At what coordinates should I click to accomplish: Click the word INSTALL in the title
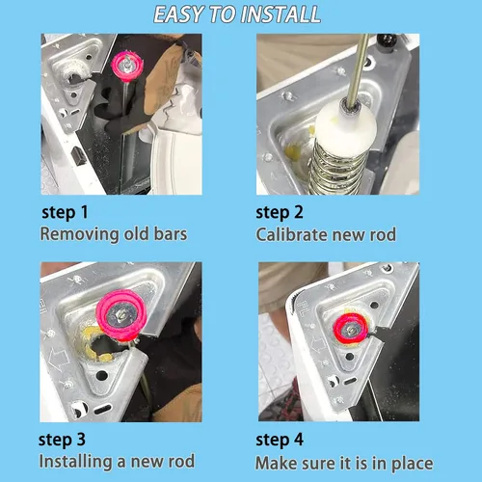pos(281,14)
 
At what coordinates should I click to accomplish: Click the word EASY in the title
pos(178,14)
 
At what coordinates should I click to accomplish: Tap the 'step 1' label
pos(65,212)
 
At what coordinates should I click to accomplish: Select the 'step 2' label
pos(280,212)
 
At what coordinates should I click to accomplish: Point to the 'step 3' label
pos(62,440)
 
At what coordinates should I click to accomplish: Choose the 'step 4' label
pos(280,440)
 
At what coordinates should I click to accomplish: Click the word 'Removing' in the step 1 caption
pos(79,234)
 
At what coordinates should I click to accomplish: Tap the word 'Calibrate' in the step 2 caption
pos(291,234)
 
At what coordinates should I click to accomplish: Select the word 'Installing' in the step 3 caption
pos(75,462)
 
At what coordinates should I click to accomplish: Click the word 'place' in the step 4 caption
pos(413,464)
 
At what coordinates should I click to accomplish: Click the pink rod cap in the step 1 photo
pos(126,66)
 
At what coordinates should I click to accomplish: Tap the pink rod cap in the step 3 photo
pos(121,314)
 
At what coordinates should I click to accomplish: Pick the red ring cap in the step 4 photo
pos(350,329)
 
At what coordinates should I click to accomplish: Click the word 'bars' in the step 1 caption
pos(171,234)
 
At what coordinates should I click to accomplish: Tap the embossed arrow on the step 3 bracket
pos(59,359)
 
